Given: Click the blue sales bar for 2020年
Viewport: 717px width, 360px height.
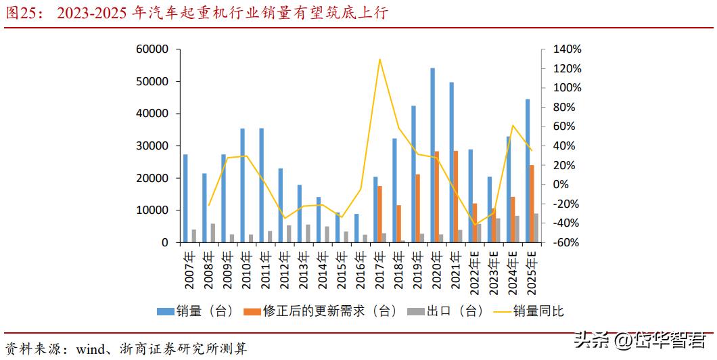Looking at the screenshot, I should click(432, 155).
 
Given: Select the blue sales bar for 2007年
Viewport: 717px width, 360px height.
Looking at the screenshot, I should click(185, 198).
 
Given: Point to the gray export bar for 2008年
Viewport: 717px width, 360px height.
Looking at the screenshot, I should click(213, 233).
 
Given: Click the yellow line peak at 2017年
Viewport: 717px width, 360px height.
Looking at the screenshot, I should click(379, 60).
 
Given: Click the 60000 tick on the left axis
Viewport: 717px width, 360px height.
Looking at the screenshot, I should click(152, 49).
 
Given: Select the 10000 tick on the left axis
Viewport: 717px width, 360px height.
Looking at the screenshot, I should click(152, 210).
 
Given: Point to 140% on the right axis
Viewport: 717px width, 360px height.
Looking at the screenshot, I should click(567, 49).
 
